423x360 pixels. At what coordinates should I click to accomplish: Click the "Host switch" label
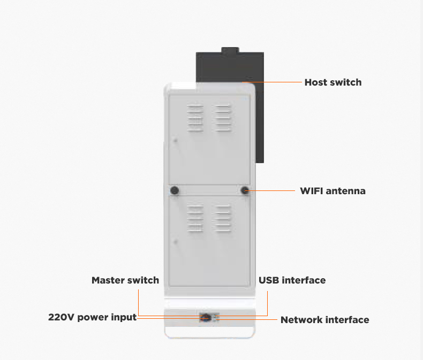coord(333,82)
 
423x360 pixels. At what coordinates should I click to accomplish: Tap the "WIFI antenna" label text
coord(333,191)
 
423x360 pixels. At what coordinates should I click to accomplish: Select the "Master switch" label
coord(125,280)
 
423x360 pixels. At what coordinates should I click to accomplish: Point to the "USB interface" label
coord(292,280)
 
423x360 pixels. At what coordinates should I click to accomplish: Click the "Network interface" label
coord(324,320)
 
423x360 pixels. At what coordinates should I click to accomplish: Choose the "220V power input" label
coord(92,317)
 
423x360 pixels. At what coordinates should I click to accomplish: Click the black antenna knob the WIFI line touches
coord(245,190)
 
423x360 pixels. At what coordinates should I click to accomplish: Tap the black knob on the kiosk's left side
coord(174,190)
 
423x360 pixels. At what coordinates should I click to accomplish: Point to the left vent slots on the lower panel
coord(195,218)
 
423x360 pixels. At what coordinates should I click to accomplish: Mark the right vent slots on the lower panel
coord(223,218)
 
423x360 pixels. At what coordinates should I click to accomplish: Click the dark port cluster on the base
coord(206,318)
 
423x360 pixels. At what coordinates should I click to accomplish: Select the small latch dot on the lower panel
coord(175,241)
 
